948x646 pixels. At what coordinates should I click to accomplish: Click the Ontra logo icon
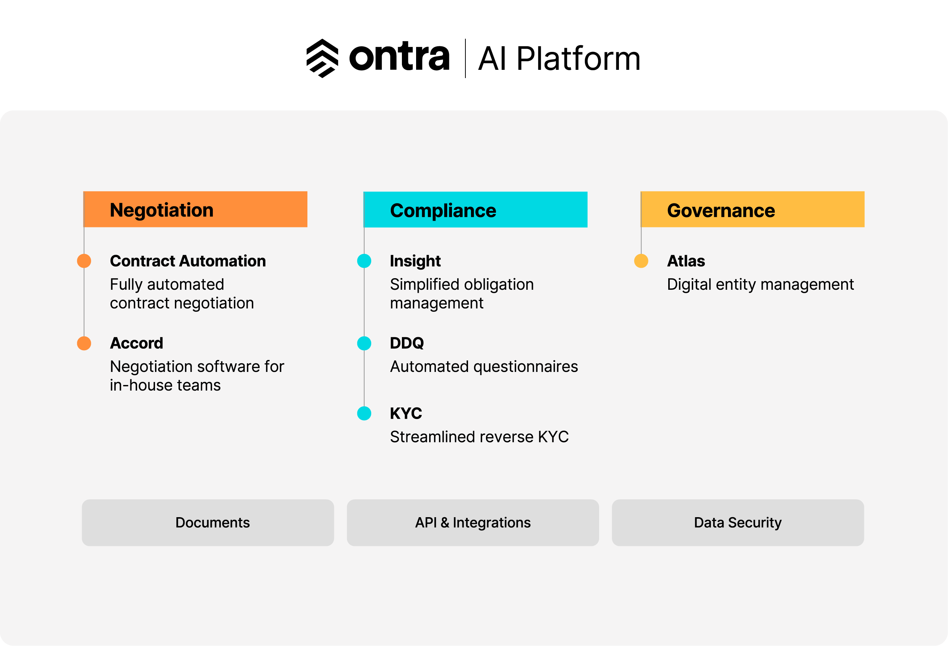coord(322,58)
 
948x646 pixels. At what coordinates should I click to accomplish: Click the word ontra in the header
coord(399,57)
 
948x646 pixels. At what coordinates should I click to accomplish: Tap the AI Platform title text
coord(559,59)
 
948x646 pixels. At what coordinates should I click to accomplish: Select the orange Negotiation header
coord(195,209)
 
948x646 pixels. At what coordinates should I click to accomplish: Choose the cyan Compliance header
coord(475,209)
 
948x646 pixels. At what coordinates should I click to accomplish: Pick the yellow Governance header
coord(753,209)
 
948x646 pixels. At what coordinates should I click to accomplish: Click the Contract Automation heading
coord(188,261)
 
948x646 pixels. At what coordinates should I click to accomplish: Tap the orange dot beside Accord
coord(84,344)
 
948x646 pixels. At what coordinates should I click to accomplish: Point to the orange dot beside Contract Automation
coord(84,261)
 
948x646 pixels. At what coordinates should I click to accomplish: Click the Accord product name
coord(136,344)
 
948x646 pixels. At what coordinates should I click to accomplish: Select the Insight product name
coord(415,261)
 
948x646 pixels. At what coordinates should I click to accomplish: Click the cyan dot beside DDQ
coord(364,344)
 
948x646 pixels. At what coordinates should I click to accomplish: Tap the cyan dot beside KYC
coord(364,413)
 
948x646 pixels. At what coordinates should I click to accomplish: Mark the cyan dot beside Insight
coord(364,261)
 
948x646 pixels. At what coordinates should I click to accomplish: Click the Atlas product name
coord(686,261)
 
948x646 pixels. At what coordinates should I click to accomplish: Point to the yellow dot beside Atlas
coord(641,261)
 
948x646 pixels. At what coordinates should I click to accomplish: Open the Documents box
coord(208,522)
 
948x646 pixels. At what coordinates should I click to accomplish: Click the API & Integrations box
coord(473,522)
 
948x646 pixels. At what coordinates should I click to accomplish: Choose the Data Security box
coord(738,522)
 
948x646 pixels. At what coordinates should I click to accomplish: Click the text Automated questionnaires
coord(484,367)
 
